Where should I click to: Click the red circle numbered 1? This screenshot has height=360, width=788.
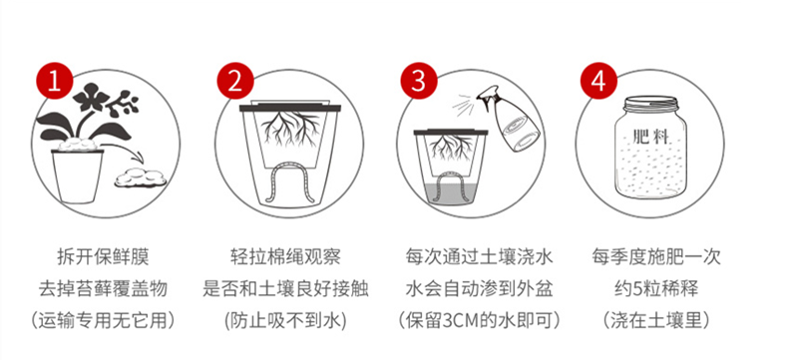[54, 82]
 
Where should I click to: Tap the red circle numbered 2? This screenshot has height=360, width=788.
[234, 82]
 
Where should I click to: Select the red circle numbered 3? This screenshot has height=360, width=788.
[418, 82]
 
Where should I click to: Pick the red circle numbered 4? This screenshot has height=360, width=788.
[598, 82]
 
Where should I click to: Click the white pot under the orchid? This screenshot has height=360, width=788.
[77, 176]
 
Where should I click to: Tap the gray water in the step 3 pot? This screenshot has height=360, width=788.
[450, 193]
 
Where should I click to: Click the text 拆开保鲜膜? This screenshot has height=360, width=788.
[103, 257]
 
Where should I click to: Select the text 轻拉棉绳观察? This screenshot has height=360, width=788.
[285, 257]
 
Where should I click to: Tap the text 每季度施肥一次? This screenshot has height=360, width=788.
[657, 257]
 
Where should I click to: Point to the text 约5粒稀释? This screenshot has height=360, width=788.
[656, 289]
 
